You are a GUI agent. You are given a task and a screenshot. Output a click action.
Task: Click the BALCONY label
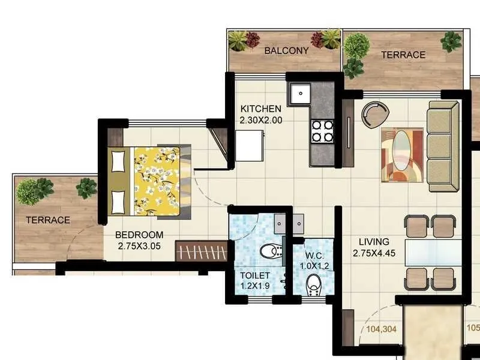tap(286, 50)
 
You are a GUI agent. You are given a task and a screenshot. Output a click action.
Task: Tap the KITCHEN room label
tap(260, 109)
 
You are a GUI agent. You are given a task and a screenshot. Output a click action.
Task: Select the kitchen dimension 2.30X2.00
tap(260, 120)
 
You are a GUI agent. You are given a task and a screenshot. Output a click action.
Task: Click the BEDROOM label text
tap(139, 234)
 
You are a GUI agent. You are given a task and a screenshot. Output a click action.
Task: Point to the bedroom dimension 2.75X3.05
tap(139, 245)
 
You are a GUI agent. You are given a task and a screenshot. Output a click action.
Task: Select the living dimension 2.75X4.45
tap(373, 253)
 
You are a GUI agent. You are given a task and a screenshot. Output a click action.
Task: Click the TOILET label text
tap(255, 275)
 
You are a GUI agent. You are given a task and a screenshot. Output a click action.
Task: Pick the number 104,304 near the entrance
tap(380, 329)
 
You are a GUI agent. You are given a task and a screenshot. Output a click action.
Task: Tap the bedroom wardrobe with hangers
tap(201, 251)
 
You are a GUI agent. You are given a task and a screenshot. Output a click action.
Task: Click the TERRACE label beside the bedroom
tap(47, 220)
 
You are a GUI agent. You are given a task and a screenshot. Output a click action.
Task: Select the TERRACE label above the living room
tap(403, 55)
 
